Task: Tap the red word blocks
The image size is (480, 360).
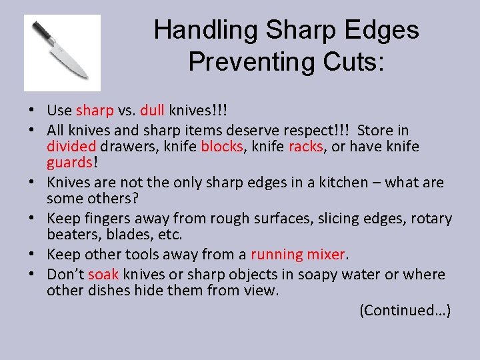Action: [222, 146]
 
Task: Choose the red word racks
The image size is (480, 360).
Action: [305, 146]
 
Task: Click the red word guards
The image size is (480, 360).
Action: [69, 163]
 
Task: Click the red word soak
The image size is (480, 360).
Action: [103, 274]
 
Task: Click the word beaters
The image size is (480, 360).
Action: [73, 235]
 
